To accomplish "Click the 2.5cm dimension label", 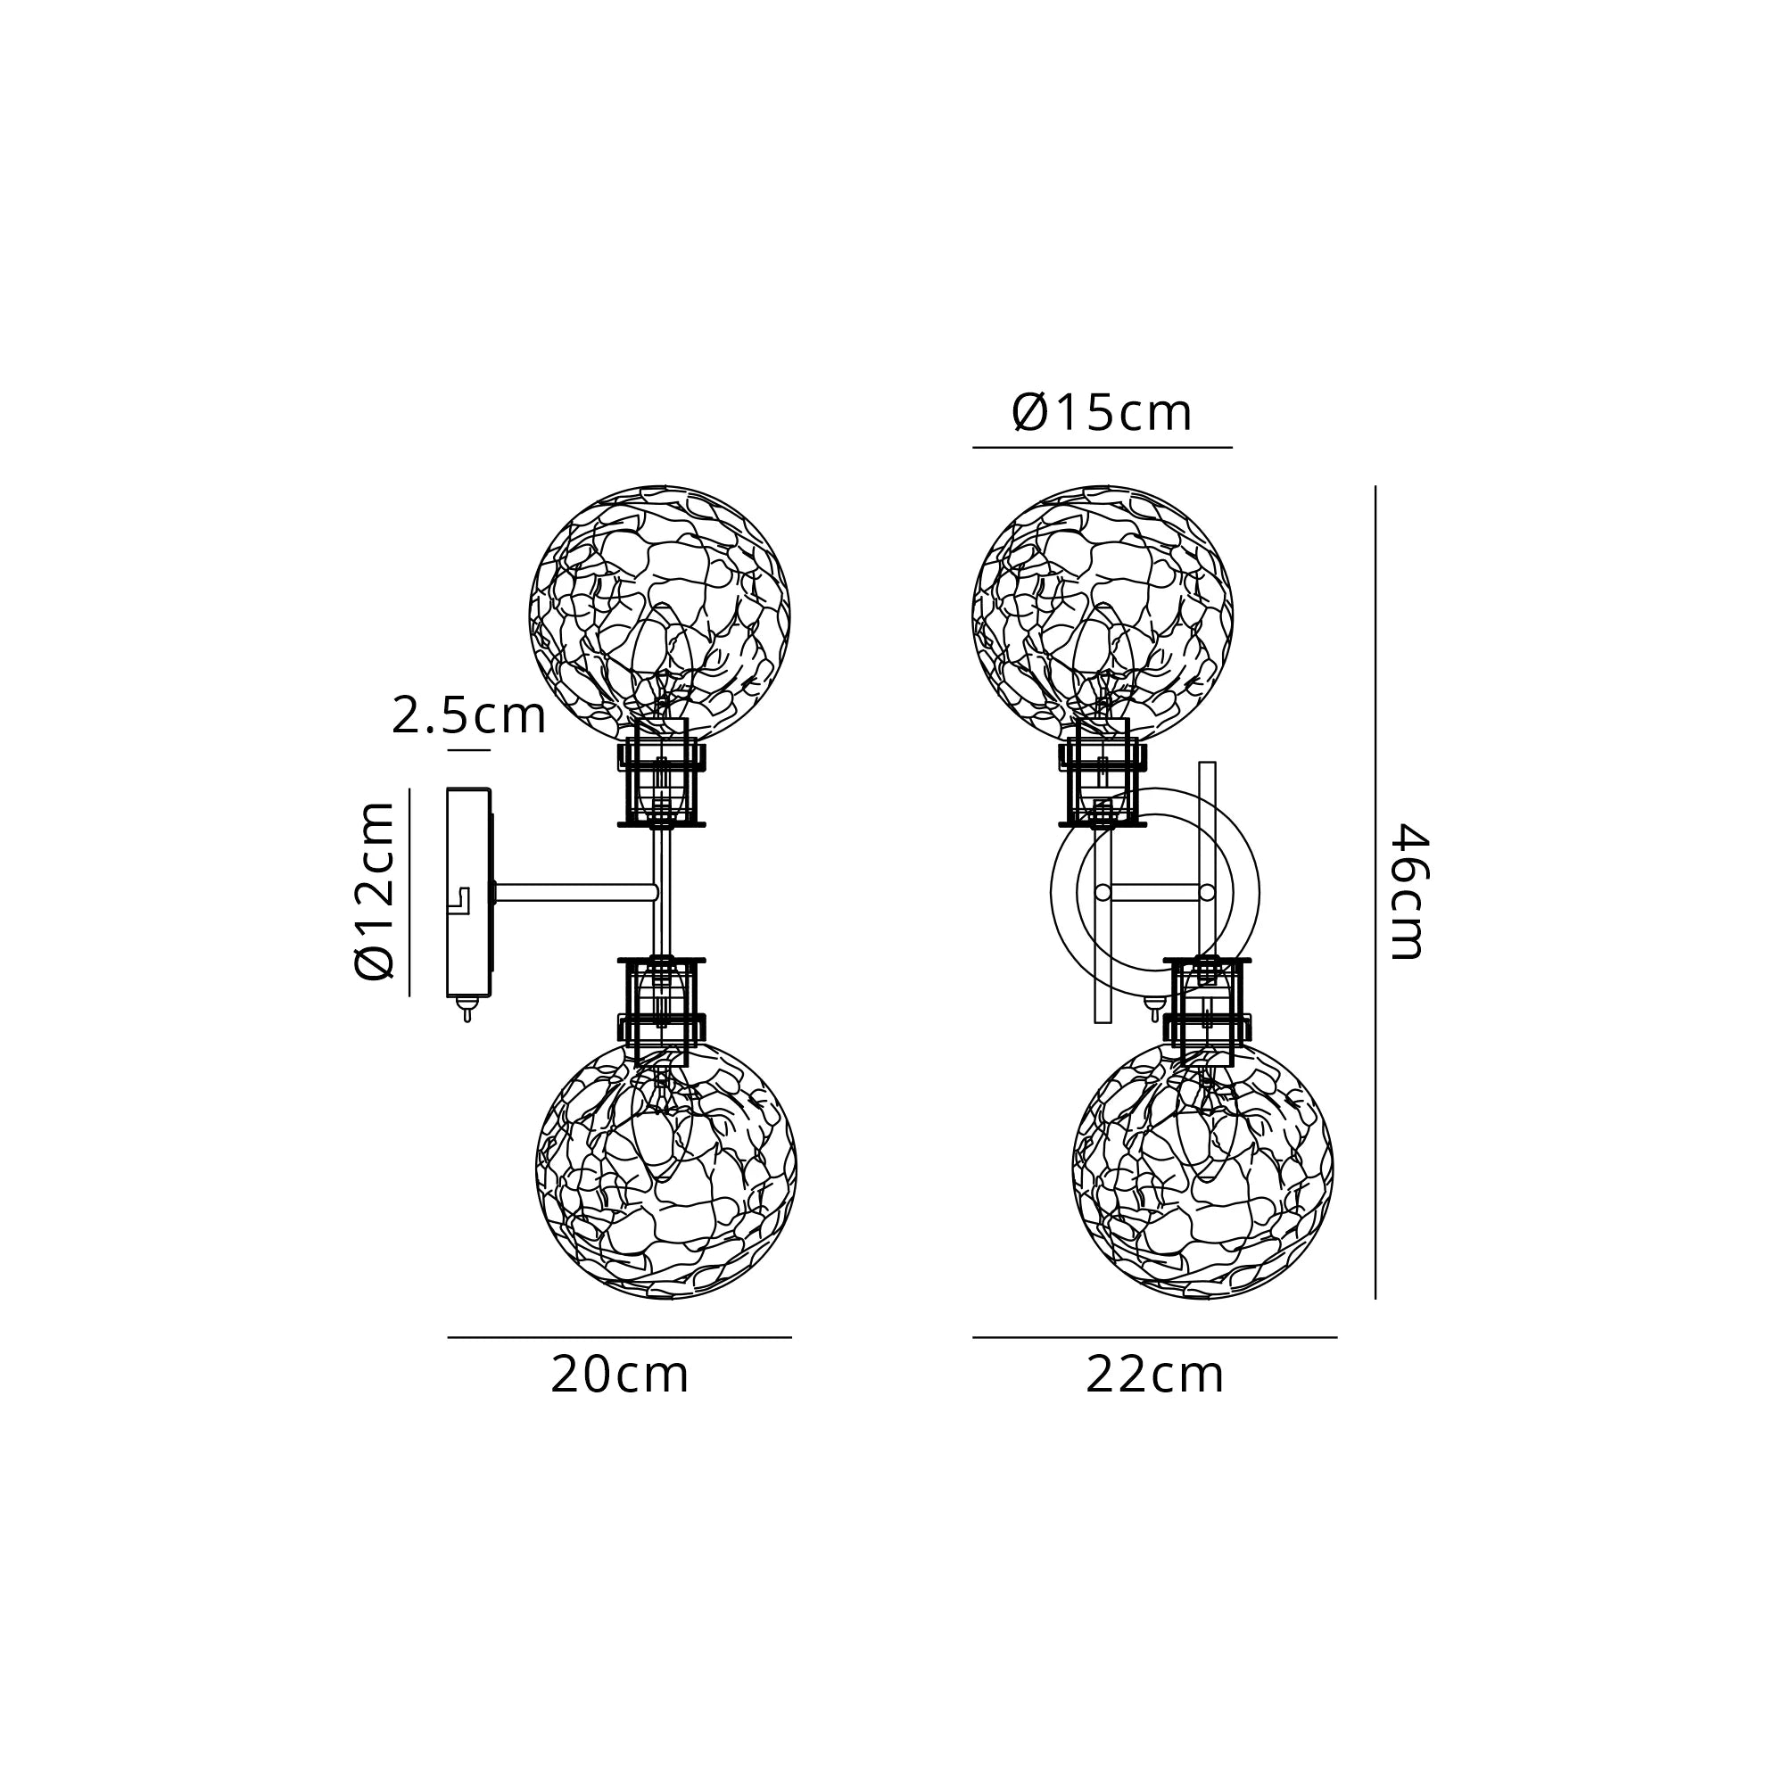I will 468,715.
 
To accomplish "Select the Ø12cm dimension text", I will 376,891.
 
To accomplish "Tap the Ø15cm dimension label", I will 1102,413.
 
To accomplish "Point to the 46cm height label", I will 1409,891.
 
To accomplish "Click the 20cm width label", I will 620,1375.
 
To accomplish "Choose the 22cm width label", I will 1154,1375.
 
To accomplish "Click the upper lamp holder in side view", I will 661,784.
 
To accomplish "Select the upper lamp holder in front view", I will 1103,784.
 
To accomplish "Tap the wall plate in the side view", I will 468,892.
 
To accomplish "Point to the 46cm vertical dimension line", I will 1375,891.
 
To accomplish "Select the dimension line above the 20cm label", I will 620,1336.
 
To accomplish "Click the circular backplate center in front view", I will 1154,892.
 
